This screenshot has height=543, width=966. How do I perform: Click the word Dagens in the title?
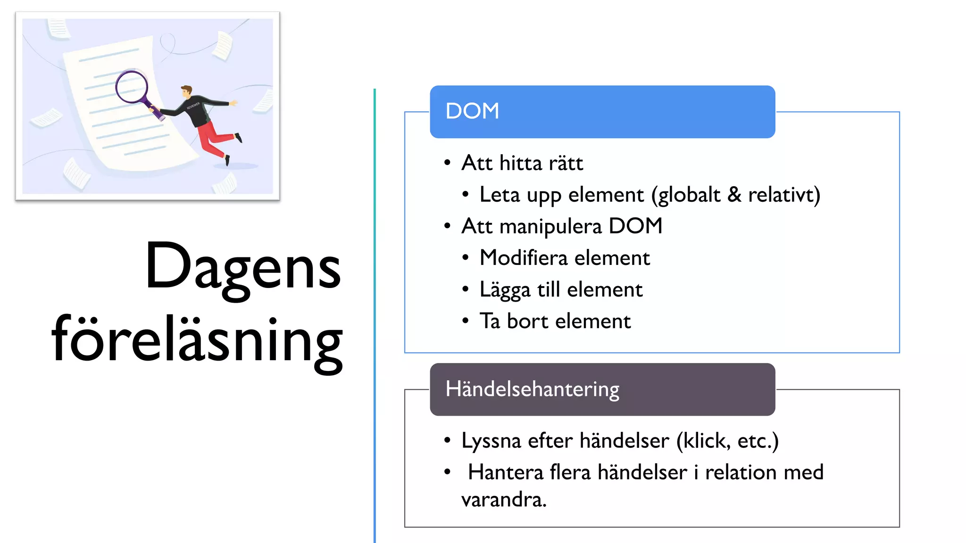[243, 267]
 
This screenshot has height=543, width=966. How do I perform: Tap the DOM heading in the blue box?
[472, 111]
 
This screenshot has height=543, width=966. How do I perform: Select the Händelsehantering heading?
[532, 389]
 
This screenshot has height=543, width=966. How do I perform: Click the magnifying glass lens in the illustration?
[132, 87]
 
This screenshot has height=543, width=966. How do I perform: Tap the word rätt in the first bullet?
[566, 163]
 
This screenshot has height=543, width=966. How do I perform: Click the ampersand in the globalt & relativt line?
[734, 195]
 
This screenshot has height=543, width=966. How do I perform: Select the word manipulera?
[550, 226]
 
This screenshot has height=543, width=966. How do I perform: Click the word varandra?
[503, 500]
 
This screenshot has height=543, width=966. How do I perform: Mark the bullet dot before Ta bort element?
[466, 321]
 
